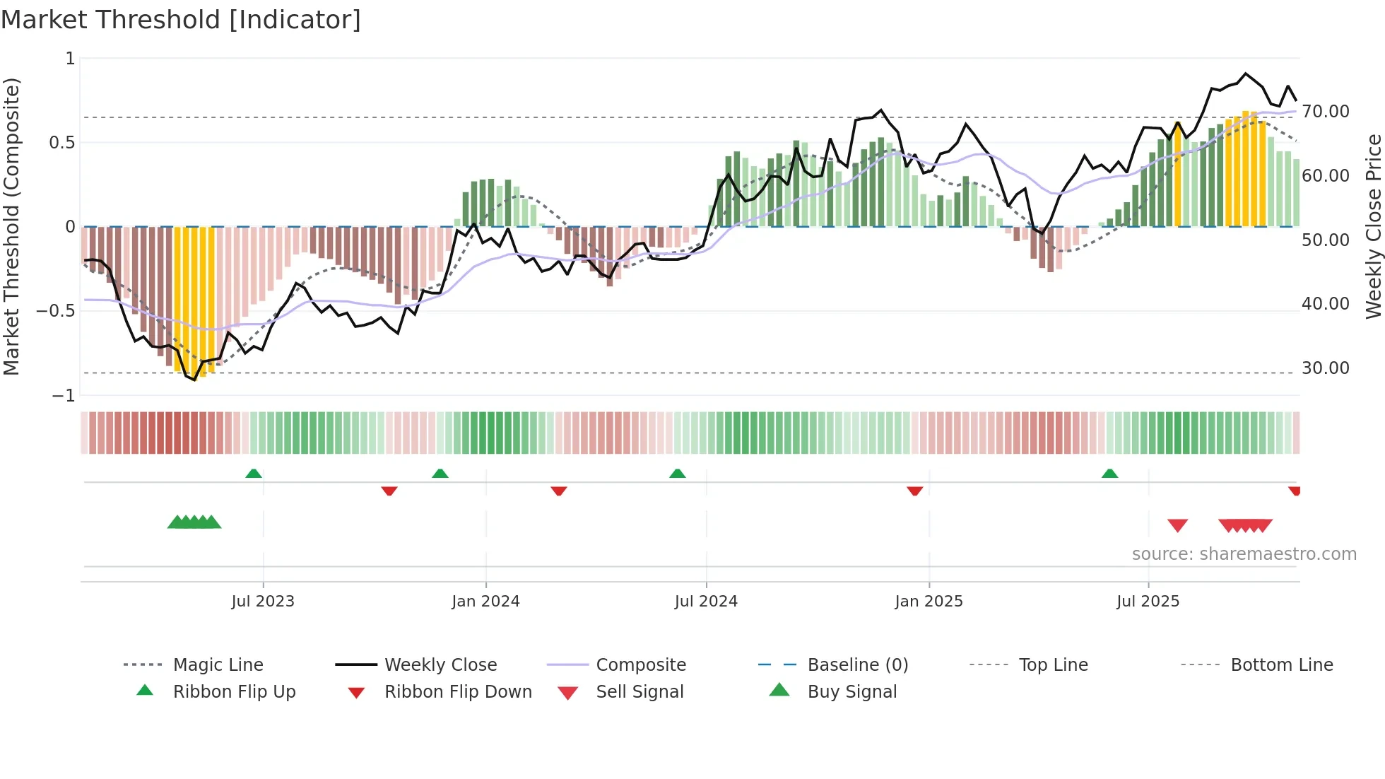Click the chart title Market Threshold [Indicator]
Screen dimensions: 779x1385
pyautogui.click(x=181, y=20)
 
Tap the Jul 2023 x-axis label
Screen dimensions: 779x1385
pyautogui.click(x=263, y=602)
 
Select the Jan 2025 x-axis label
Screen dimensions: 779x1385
pyautogui.click(x=929, y=602)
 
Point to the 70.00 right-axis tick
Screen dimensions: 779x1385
pyautogui.click(x=1325, y=112)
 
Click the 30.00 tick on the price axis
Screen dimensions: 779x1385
pyautogui.click(x=1325, y=368)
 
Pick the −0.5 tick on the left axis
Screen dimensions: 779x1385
pyautogui.click(x=56, y=311)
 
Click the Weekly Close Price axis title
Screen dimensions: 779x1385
pyautogui.click(x=1373, y=226)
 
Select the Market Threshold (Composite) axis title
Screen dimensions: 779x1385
pyautogui.click(x=11, y=226)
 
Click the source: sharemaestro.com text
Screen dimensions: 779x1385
pyautogui.click(x=1244, y=554)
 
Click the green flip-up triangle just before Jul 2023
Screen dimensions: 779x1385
pyautogui.click(x=254, y=474)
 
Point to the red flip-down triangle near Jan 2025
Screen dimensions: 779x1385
pyautogui.click(x=915, y=491)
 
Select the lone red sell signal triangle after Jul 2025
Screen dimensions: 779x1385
pyautogui.click(x=1177, y=525)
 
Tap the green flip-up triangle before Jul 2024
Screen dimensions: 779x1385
pyautogui.click(x=678, y=474)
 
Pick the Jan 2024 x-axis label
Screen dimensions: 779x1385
pyautogui.click(x=485, y=602)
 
